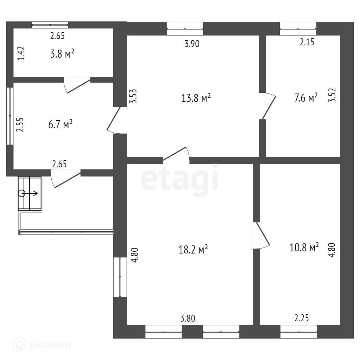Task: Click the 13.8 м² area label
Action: click(x=196, y=98)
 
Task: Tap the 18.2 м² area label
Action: click(x=193, y=250)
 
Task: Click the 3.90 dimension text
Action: click(x=192, y=44)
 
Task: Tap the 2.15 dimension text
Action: click(x=307, y=43)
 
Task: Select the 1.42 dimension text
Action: click(x=22, y=53)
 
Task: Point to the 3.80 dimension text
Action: click(x=187, y=319)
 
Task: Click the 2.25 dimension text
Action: click(x=302, y=319)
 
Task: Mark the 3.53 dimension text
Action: click(x=133, y=96)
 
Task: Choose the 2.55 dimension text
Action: click(x=21, y=124)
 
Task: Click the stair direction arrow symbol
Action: click(x=30, y=193)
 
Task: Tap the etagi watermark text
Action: click(x=180, y=179)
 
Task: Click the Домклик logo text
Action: click(x=49, y=346)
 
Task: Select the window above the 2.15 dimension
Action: click(x=298, y=28)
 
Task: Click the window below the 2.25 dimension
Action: click(x=298, y=331)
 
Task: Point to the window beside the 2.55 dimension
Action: click(x=9, y=116)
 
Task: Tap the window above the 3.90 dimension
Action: click(x=185, y=28)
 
